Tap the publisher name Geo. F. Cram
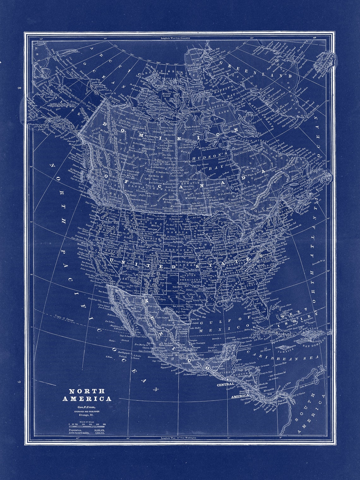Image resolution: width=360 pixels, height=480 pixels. [87, 407]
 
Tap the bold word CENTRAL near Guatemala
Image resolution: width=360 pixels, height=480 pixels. [225, 384]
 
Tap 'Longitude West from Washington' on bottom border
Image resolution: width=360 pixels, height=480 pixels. [178, 438]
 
